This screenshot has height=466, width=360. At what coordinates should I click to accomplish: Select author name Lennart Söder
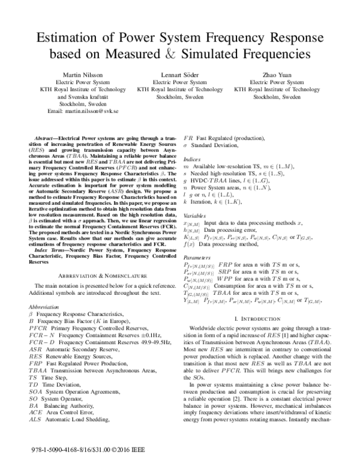coord(181,74)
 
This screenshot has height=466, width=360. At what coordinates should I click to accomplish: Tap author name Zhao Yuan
coord(278,74)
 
